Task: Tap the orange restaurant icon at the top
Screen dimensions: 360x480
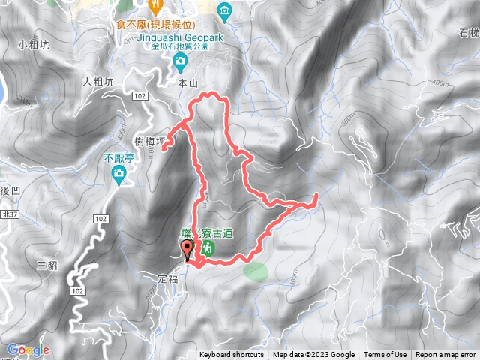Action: (x=156, y=6)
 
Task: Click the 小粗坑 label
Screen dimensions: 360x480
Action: (x=34, y=45)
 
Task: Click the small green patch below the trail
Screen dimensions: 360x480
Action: (x=255, y=270)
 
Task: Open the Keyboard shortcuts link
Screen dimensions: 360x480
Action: (x=232, y=355)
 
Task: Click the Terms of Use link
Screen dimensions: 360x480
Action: (x=385, y=355)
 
